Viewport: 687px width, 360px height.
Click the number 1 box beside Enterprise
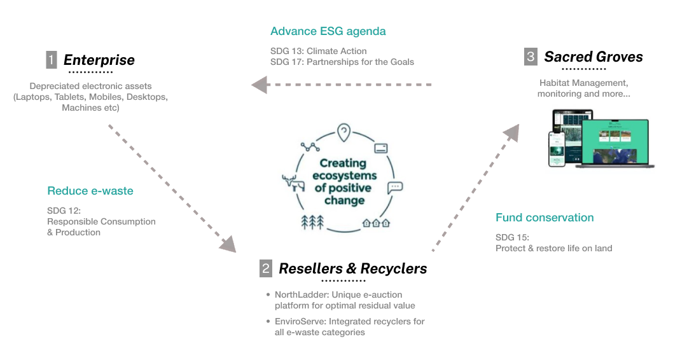[52, 60]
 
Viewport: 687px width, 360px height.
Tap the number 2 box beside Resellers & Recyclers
[266, 268]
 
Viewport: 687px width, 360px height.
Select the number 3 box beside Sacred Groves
[531, 57]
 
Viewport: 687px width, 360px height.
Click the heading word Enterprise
[99, 60]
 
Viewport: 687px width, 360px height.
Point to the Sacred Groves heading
[593, 57]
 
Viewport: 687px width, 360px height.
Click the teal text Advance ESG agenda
[328, 31]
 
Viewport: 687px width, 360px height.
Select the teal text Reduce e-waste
[90, 191]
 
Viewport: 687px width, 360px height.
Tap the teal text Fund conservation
[545, 218]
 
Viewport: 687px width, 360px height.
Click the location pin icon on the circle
[343, 132]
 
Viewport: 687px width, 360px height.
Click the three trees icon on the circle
[312, 222]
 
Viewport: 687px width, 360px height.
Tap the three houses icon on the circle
[375, 223]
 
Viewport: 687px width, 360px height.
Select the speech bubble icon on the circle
[395, 188]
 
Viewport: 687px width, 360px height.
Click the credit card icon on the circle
[382, 148]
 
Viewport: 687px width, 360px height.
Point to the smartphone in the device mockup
[557, 149]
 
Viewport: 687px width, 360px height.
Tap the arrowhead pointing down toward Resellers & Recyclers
[227, 243]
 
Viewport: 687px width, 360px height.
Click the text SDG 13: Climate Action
[318, 51]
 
